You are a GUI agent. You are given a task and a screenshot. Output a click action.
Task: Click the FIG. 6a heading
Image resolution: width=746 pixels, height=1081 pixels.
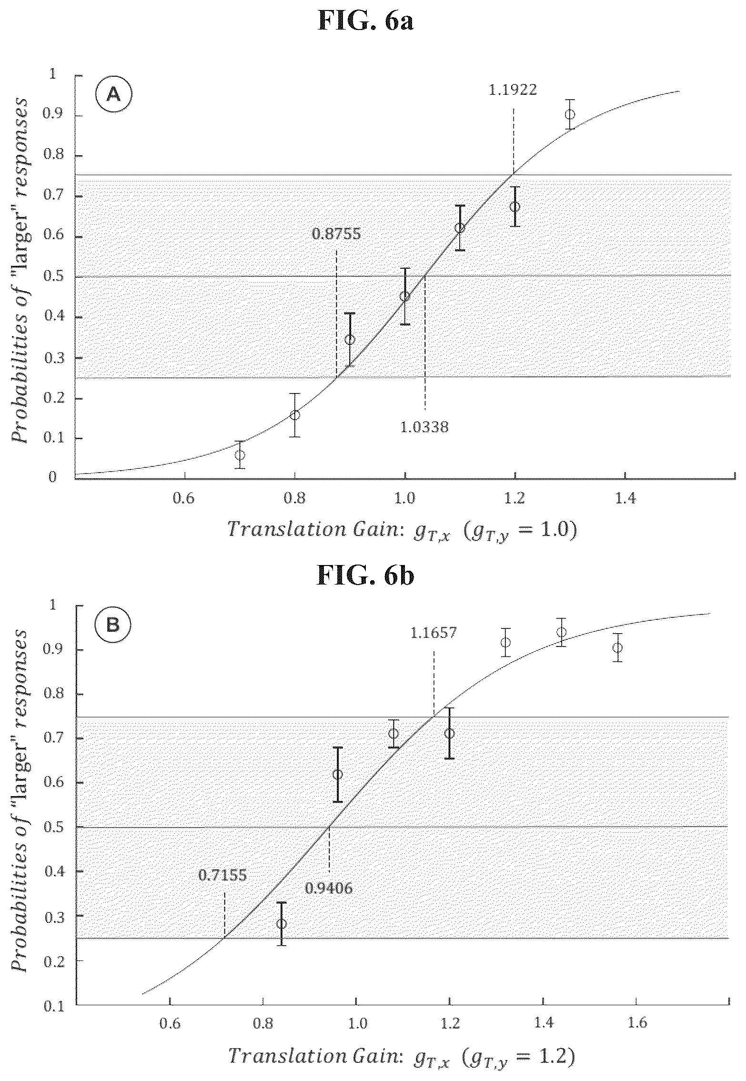pos(365,21)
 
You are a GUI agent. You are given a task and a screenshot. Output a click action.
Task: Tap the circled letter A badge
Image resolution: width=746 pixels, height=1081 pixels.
pos(113,95)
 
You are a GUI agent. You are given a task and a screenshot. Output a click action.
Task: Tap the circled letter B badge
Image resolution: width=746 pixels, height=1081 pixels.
pos(113,625)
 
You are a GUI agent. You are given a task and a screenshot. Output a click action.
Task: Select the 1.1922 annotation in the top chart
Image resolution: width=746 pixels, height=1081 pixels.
pos(513,90)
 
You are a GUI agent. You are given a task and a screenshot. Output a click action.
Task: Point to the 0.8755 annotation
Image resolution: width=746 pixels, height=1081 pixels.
pos(336,234)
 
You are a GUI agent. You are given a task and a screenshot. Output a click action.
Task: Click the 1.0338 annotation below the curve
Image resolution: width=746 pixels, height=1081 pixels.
pos(424,427)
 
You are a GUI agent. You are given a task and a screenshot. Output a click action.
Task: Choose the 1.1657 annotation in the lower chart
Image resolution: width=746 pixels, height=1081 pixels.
pos(433,633)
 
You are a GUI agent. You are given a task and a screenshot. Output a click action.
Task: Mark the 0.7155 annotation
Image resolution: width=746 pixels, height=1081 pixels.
pos(223,875)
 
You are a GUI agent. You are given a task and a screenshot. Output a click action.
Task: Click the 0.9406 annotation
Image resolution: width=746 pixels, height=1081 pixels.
pos(329,888)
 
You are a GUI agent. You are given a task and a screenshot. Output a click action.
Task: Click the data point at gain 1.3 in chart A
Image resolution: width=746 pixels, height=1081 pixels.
pos(570,114)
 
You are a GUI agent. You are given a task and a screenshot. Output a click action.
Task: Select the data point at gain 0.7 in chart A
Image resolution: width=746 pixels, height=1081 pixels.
pos(240,455)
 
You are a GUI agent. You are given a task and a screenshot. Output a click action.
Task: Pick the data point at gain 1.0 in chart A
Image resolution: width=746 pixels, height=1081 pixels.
pos(405,296)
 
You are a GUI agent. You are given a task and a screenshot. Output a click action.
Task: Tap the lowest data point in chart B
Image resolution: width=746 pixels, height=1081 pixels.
pos(282,924)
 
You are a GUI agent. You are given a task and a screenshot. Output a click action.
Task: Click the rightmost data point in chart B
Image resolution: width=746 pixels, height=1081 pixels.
pos(617,647)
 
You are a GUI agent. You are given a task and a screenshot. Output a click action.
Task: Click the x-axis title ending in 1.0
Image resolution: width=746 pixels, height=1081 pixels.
pos(403,530)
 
